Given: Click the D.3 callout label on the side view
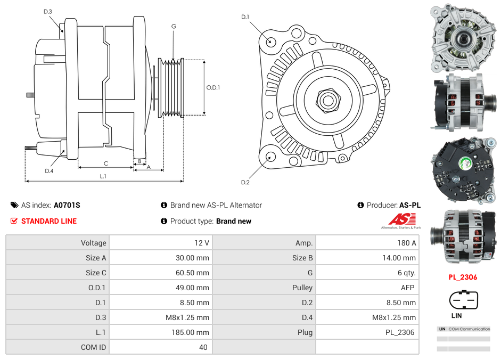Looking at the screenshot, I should [x=48, y=11].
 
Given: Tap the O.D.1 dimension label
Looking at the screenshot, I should [x=213, y=87].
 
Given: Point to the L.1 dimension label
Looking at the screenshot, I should [x=103, y=176].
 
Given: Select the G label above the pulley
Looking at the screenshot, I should [x=174, y=26].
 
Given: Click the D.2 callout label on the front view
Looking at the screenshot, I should [x=245, y=183].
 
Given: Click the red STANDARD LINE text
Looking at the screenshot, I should [x=49, y=221].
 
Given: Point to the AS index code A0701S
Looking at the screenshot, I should [x=67, y=205].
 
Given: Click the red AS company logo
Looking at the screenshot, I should [x=402, y=219].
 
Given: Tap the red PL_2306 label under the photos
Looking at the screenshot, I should [x=462, y=277].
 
